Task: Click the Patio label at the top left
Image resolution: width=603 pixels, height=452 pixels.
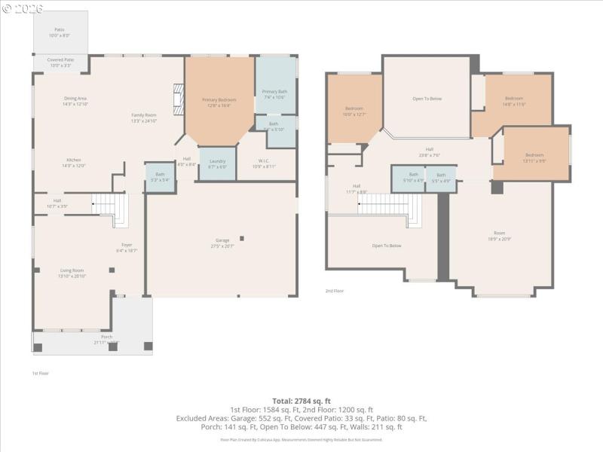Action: tap(59, 32)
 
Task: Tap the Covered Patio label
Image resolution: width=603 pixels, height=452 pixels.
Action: tap(60, 63)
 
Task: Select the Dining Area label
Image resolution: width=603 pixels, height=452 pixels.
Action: tap(75, 101)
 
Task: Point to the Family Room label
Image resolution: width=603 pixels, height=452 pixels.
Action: tap(143, 118)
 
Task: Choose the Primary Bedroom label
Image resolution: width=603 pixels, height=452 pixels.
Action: tap(219, 102)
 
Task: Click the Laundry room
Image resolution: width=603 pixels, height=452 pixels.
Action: tap(218, 163)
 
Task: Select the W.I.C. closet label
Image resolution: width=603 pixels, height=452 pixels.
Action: tap(265, 163)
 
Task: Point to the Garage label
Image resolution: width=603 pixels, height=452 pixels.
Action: tap(222, 243)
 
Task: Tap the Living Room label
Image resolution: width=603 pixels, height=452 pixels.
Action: tap(72, 273)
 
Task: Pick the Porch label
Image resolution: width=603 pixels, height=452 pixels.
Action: tap(106, 339)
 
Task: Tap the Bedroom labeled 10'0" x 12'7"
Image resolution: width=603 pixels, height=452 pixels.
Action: tap(354, 111)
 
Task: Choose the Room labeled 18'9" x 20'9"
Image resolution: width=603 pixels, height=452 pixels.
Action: tap(499, 236)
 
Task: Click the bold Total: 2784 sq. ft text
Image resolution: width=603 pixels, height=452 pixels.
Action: tap(301, 401)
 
